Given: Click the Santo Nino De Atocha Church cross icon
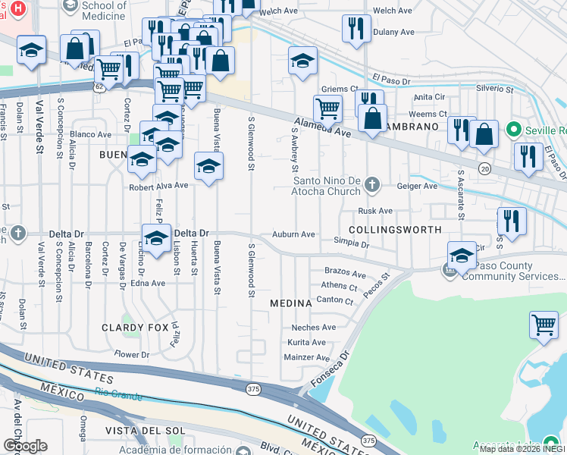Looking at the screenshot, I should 371,184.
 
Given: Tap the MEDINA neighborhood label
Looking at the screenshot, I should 291,303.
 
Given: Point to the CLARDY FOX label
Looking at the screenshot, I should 133,328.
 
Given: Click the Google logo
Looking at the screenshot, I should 25,445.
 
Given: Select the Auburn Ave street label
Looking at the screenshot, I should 293,235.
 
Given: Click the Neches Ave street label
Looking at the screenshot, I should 314,328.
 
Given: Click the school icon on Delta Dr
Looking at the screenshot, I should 157,239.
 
